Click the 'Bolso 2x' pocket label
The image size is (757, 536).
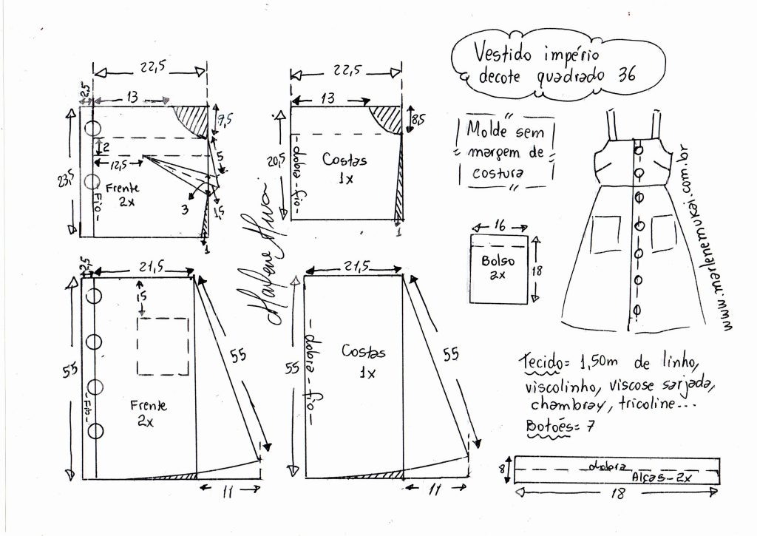tap(497, 267)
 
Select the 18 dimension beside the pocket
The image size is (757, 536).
tap(537, 271)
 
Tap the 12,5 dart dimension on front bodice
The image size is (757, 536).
tap(112, 163)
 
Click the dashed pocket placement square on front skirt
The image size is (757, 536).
tap(163, 347)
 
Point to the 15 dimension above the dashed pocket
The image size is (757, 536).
tap(141, 295)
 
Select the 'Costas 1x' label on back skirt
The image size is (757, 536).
tap(361, 361)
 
